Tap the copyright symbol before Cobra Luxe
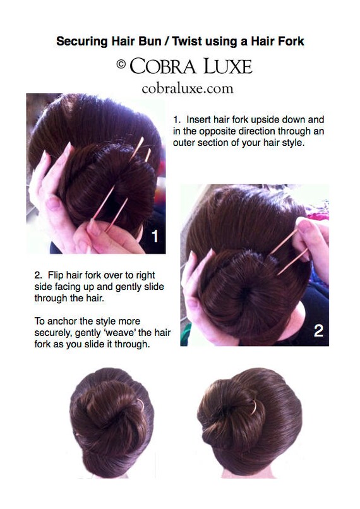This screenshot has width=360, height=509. tap(121, 64)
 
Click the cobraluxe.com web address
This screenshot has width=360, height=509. tap(188, 88)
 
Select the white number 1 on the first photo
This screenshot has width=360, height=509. tap(155, 236)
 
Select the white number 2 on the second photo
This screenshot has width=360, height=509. tap(318, 330)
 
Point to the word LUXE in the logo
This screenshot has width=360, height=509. tap(228, 66)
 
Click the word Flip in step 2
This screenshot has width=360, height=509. tap(56, 275)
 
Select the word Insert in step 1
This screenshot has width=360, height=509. tap(198, 119)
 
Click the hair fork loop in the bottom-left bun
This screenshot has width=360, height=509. tap(141, 404)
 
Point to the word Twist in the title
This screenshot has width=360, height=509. tap(188, 41)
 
